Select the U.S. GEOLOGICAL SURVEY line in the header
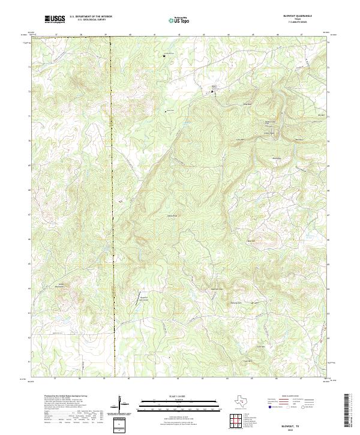(87, 21)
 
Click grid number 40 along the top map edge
(130, 35)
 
